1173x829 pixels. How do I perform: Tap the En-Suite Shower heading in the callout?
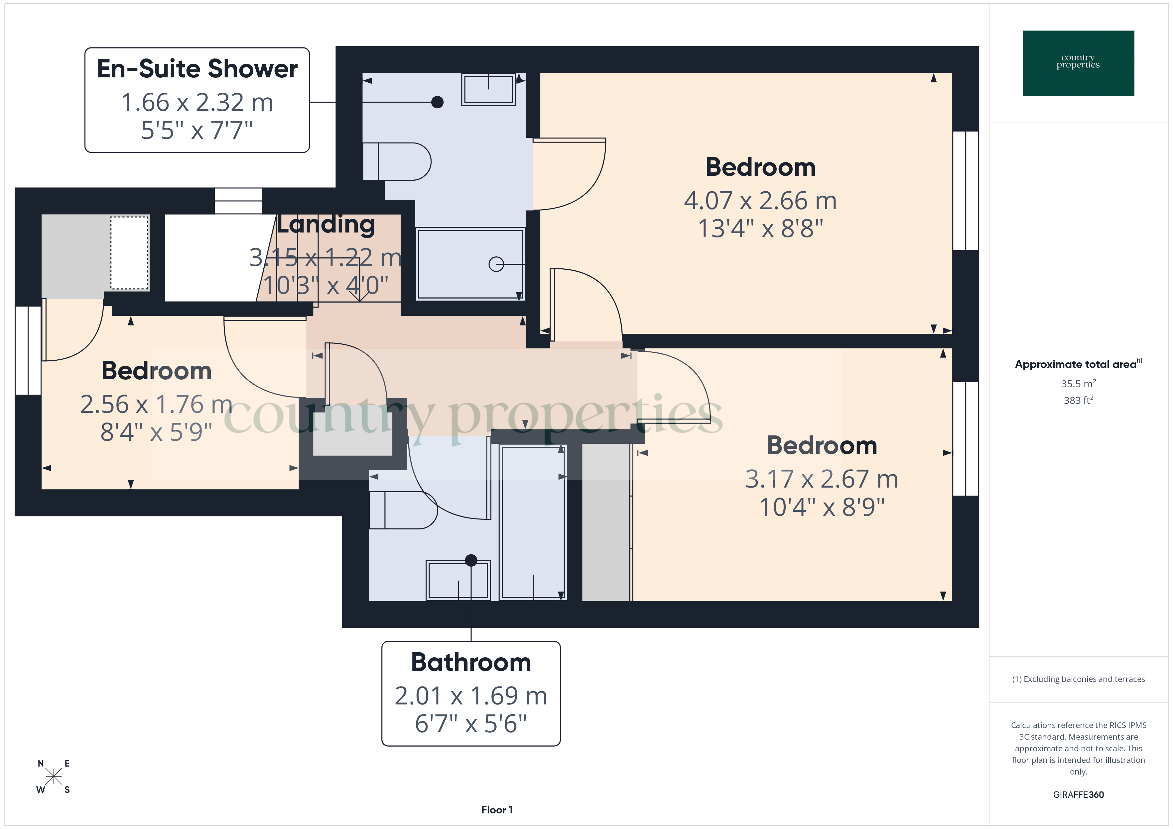tap(197, 69)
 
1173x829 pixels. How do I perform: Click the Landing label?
tap(326, 225)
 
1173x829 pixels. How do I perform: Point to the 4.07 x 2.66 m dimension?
tap(760, 201)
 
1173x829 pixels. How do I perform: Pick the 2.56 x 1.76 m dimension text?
tap(156, 404)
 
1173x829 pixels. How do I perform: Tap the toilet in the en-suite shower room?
tap(397, 161)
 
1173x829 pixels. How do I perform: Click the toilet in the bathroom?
tap(403, 510)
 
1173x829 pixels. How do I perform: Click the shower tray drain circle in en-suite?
tap(496, 264)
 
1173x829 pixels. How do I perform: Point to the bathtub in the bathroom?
tap(533, 522)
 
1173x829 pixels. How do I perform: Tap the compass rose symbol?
tap(54, 777)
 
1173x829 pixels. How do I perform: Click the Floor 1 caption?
tap(497, 810)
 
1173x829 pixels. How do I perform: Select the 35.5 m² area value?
tap(1078, 383)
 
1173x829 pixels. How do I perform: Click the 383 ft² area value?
tap(1078, 400)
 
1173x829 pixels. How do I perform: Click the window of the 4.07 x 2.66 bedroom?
tap(966, 190)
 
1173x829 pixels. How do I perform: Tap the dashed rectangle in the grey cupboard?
tap(130, 253)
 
